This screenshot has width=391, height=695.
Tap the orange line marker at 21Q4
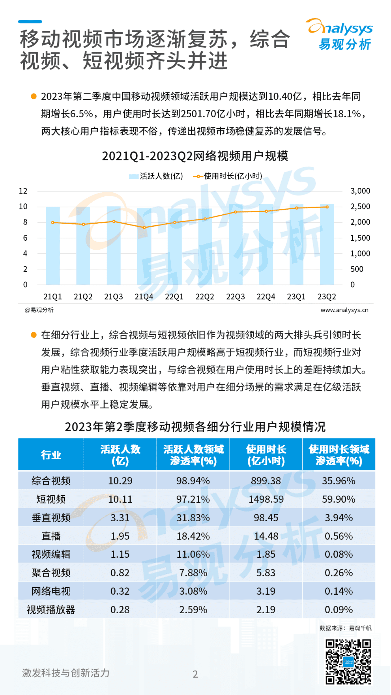click(x=144, y=228)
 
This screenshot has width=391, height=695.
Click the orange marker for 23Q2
click(x=327, y=207)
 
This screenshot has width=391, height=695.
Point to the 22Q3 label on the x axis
click(x=235, y=297)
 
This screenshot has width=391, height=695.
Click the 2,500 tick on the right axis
click(x=360, y=207)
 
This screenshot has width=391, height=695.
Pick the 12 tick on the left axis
click(x=23, y=191)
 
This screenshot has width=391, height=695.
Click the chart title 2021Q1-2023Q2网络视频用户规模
click(x=195, y=156)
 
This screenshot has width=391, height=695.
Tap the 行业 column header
click(x=51, y=455)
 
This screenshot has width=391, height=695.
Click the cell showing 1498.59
click(x=266, y=499)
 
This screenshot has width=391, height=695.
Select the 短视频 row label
click(x=51, y=499)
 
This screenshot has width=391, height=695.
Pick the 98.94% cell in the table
click(x=193, y=481)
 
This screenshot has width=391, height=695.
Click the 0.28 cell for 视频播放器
click(x=120, y=610)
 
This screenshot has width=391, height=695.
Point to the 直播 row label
click(x=51, y=536)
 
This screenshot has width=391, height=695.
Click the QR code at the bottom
click(x=348, y=662)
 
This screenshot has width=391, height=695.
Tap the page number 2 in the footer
click(x=195, y=674)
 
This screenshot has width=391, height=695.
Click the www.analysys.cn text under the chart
click(x=344, y=310)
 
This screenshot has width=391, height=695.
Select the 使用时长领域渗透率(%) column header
click(x=339, y=455)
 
